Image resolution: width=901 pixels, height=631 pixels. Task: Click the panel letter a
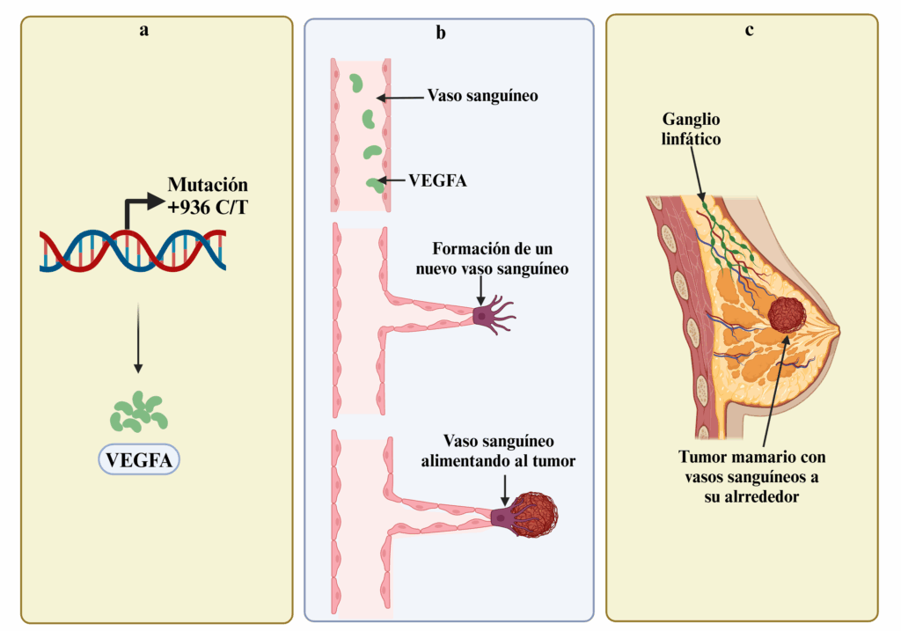pos(143,31)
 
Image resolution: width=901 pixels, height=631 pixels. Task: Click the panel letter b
pos(440,33)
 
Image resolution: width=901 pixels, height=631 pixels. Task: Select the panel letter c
pos(749,30)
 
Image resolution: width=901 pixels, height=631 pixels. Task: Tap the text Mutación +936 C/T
pos(209,195)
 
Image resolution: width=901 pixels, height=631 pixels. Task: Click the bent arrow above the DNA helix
pos(141,208)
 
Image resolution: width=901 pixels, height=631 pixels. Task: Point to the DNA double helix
pos(132,249)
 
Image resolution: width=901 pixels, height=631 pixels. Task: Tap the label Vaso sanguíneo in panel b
pos(482,95)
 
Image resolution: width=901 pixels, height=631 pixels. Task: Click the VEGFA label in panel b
pos(437,180)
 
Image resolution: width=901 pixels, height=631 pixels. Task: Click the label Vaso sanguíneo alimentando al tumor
pos(498,450)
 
